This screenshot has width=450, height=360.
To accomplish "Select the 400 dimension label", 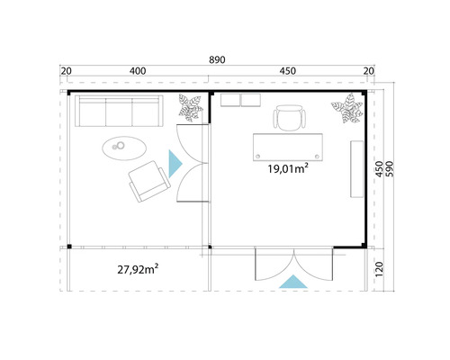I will (138, 71).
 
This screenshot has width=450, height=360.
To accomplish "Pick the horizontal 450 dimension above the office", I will (288, 71).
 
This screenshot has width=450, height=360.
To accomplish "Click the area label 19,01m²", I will (286, 166).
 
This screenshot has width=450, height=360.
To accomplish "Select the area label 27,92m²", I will (138, 268).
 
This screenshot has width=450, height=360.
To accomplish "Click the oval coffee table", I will (121, 146).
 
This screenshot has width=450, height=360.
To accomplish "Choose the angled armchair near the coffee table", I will (148, 183).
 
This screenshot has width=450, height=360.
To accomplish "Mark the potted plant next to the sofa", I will (191, 108).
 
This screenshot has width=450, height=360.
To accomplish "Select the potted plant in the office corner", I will (346, 112).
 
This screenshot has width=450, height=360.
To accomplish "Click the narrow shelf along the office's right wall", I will (355, 166).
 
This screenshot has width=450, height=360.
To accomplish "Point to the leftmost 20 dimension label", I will (67, 71).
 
